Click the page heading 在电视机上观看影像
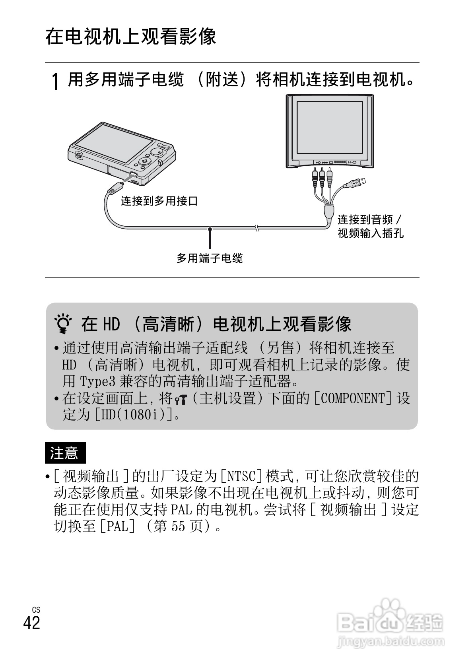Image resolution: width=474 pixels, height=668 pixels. click(x=131, y=37)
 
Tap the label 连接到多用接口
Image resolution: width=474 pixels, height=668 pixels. click(x=159, y=201)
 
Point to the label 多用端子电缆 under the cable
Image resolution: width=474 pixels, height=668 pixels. click(x=210, y=258)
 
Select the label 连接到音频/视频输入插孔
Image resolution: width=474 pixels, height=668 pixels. click(x=370, y=226)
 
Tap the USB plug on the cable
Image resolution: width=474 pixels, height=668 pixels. click(x=358, y=183)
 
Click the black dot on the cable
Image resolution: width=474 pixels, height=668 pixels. click(x=210, y=229)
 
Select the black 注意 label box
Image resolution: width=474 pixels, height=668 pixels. click(x=65, y=453)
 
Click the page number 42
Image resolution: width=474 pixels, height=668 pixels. click(x=32, y=622)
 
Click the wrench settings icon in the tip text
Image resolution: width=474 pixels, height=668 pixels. click(x=181, y=398)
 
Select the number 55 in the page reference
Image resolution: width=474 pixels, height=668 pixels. click(x=179, y=526)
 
